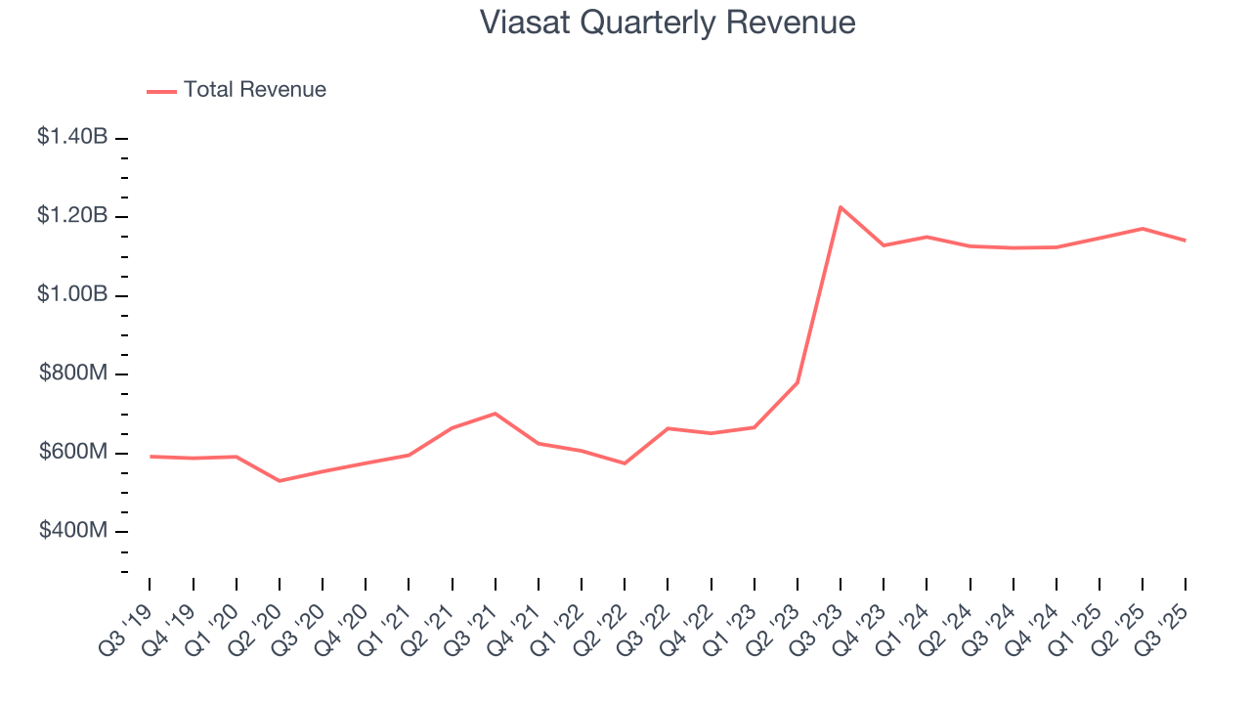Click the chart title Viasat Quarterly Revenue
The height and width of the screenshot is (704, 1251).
[668, 22]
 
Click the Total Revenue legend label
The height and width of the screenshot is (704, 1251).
[254, 90]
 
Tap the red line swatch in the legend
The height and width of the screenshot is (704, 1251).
[161, 91]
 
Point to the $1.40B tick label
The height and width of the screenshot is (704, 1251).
[72, 137]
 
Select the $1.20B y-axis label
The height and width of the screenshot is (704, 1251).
[72, 216]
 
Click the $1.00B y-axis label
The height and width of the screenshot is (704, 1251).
[72, 294]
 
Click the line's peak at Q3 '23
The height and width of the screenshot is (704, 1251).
[840, 207]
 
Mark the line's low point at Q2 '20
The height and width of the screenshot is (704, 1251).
[280, 481]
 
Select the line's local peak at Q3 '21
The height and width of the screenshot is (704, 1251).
[495, 414]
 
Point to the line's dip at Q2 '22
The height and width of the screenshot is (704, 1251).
[625, 463]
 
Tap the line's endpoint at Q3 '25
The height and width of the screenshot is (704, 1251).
[1186, 241]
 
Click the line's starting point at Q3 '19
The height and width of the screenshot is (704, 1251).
[150, 457]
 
